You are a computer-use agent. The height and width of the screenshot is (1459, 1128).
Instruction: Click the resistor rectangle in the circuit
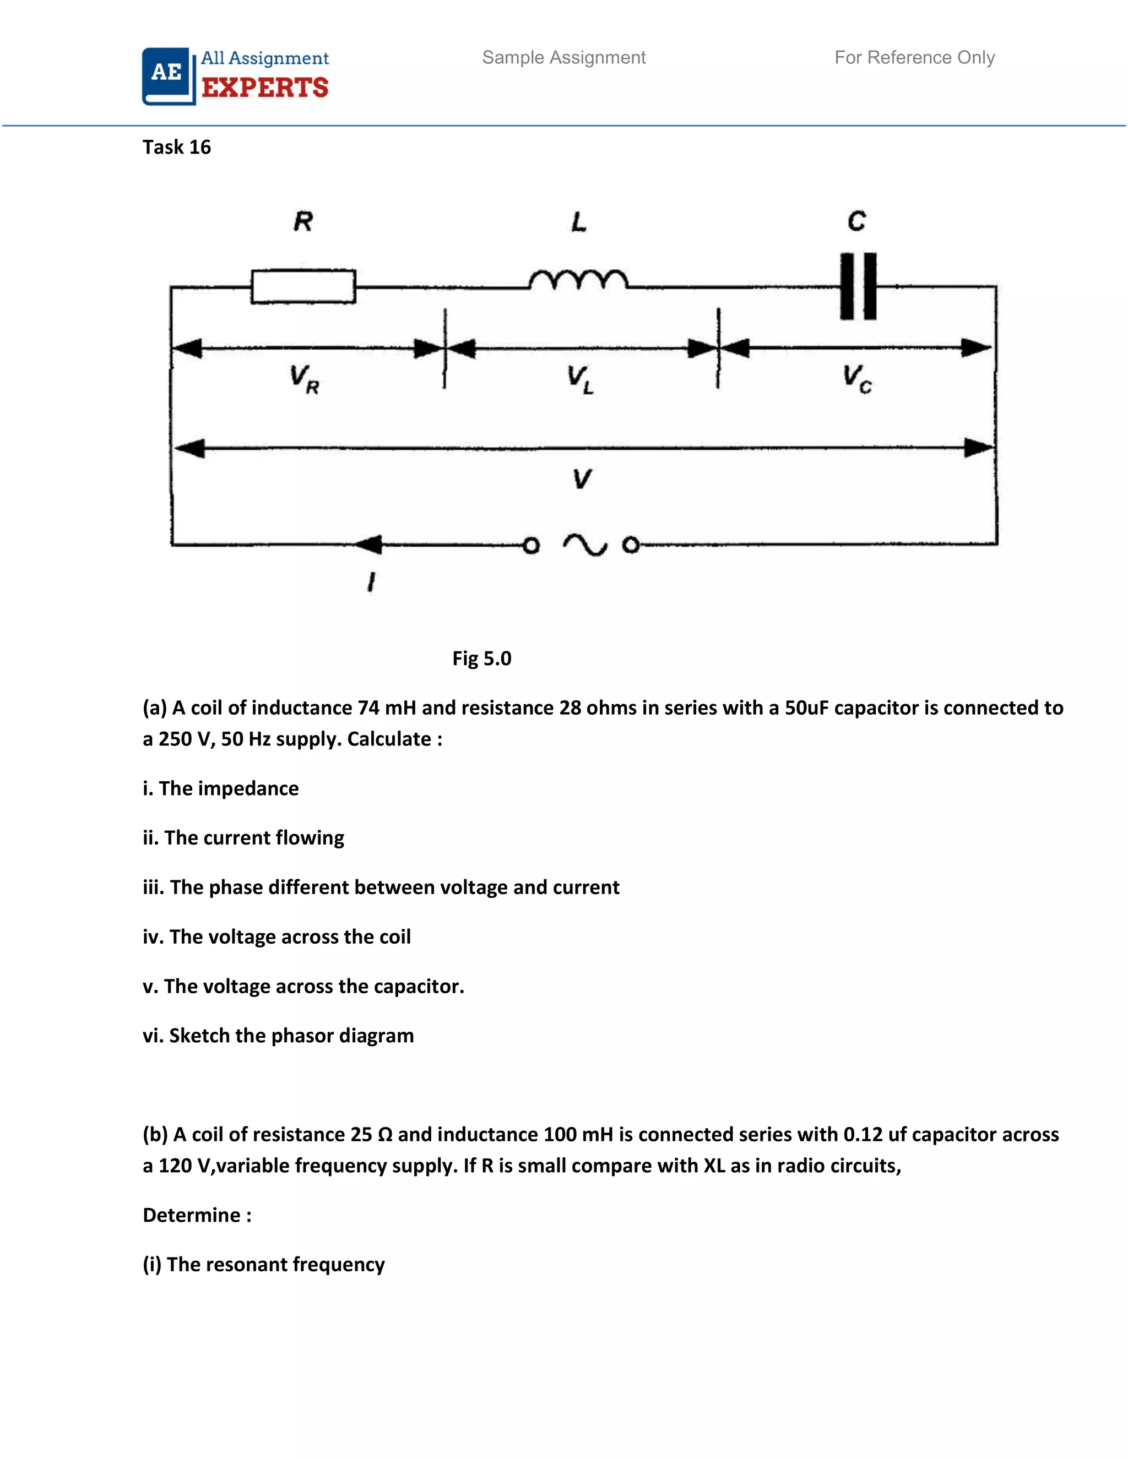click(x=303, y=287)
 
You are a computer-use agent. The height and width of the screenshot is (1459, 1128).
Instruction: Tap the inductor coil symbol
click(x=578, y=280)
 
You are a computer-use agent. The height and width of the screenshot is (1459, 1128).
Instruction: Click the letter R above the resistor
click(x=303, y=221)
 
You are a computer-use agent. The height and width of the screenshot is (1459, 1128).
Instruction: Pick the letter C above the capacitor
click(x=856, y=221)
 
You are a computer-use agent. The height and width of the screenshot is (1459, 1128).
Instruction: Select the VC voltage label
click(x=856, y=378)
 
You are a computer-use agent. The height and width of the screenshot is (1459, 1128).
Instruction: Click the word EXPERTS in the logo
click(x=265, y=88)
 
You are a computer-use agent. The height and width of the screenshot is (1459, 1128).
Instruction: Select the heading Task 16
click(x=176, y=147)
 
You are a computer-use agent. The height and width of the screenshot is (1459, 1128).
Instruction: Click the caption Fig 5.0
click(x=482, y=658)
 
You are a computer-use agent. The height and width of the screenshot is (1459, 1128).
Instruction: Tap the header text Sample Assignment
click(x=564, y=57)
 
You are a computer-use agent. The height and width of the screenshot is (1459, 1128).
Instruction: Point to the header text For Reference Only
click(x=914, y=57)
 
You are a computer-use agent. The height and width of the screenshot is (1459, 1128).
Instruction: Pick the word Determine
click(x=192, y=1215)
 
